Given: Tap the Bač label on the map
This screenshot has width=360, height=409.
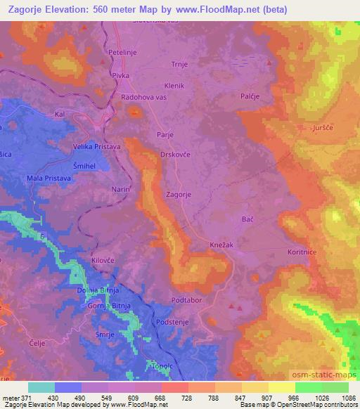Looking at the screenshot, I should tap(247, 220).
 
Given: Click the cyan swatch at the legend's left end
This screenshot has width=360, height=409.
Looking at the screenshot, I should tap(41, 387).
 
